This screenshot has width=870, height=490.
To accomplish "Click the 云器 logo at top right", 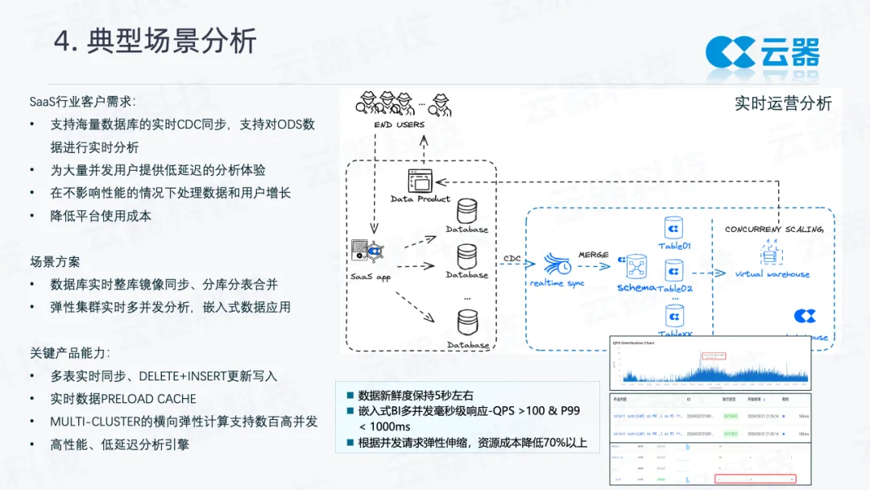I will pos(762,52).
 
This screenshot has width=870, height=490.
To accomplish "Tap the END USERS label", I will pos(400,125).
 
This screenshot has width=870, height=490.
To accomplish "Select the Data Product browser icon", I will pos(420,181).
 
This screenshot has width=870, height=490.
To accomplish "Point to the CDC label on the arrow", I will pos(512,258).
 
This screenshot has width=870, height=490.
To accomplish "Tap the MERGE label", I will pos(594,255).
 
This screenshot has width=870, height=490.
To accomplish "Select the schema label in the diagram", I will pos(636,288).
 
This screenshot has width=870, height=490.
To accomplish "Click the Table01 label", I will pos(674,246).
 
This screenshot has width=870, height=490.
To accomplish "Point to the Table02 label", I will pos(675,289).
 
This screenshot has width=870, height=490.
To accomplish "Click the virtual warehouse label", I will pos(773,274).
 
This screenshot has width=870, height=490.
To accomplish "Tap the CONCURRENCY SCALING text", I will pos(773,230).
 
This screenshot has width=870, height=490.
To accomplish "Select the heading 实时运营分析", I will pos(783,103).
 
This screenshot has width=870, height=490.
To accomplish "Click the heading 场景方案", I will pos(55,262).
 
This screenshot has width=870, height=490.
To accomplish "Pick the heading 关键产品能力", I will pos(69,353).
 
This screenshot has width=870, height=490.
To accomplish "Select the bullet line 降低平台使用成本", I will pos(101,216).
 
